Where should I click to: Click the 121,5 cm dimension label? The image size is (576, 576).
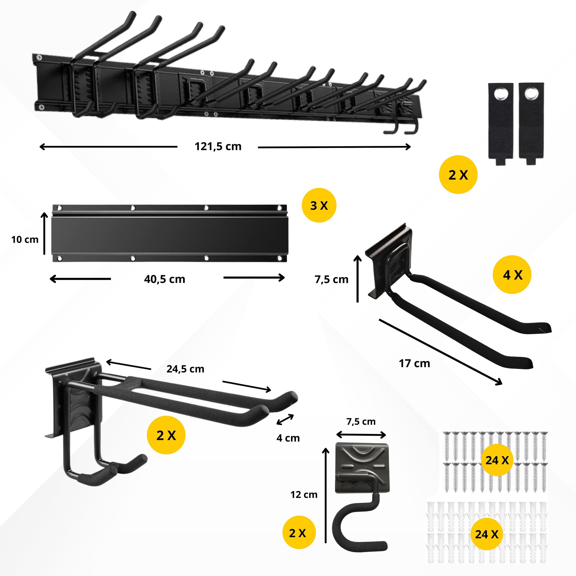[218, 147]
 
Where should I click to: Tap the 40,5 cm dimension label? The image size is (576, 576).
[165, 279]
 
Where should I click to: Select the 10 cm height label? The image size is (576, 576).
[25, 239]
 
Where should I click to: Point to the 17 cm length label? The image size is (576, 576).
[414, 363]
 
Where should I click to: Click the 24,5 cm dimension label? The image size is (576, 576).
[185, 369]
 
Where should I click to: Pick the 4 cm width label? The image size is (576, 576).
[288, 438]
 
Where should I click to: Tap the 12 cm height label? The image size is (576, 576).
[304, 495]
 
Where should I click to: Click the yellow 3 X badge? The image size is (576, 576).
[319, 205]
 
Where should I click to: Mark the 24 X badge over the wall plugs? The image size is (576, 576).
[486, 534]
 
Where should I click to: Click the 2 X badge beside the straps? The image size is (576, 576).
[458, 175]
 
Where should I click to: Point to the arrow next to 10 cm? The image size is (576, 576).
[44, 234]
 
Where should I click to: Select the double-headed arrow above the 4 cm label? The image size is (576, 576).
[285, 419]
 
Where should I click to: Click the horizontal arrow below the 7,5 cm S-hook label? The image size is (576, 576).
[361, 435]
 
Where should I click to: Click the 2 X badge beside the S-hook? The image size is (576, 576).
[299, 533]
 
